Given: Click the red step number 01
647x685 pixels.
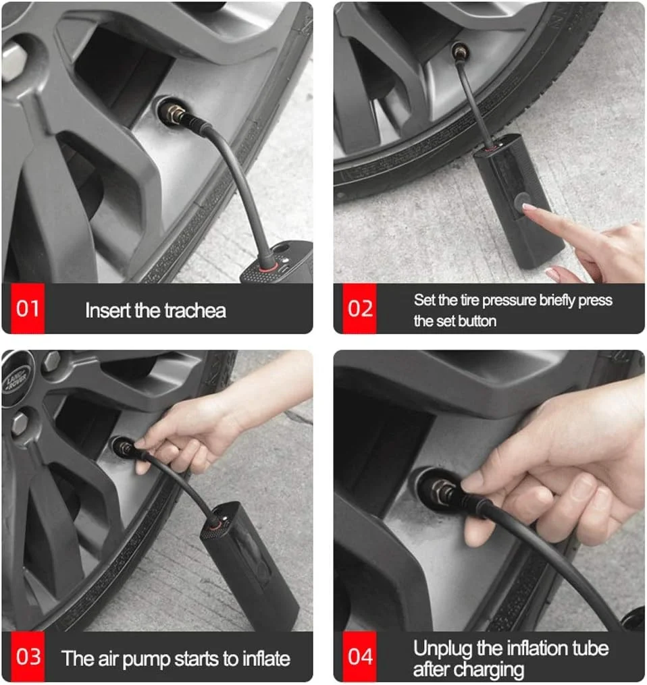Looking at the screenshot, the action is pyautogui.click(x=28, y=308).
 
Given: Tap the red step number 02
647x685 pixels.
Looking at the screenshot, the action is pyautogui.click(x=360, y=308).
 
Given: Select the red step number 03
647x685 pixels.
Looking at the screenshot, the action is pyautogui.click(x=28, y=657).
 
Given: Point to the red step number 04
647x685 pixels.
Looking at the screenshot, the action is pyautogui.click(x=360, y=657).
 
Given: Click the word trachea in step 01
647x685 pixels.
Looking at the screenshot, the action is pyautogui.click(x=195, y=310).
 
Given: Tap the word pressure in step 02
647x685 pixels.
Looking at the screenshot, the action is pyautogui.click(x=509, y=300).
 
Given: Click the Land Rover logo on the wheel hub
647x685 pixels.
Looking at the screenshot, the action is pyautogui.click(x=15, y=379).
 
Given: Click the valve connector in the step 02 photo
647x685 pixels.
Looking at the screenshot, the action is pyautogui.click(x=460, y=53).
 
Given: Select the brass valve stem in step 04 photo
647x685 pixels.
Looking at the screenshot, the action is pyautogui.click(x=442, y=490).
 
